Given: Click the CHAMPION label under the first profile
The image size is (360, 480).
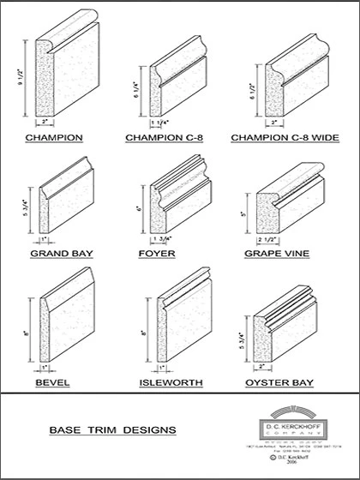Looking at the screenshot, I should point(53,136).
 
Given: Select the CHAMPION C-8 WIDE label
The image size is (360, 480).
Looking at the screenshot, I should point(288,136).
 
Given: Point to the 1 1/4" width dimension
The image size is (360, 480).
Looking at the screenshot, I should point(163,123).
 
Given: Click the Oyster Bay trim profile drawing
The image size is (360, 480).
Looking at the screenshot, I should point(296,321).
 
